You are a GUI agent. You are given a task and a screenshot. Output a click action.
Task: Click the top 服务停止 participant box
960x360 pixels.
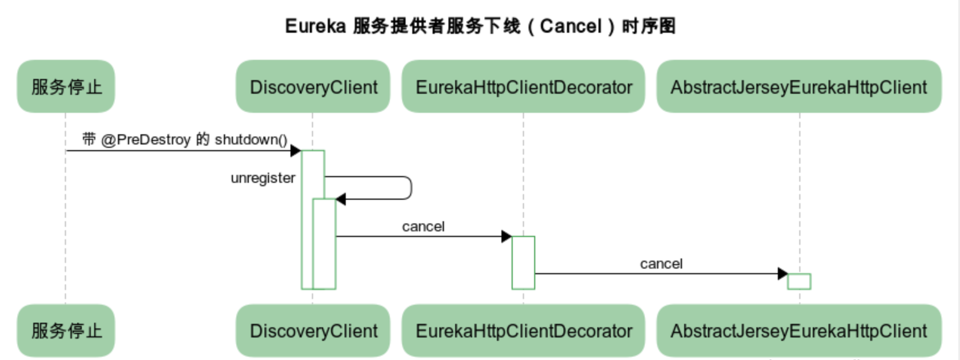pos(66,86)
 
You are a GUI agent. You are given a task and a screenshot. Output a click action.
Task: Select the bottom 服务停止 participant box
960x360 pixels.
pos(66,330)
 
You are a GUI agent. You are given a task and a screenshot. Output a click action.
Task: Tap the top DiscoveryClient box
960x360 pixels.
pos(313,86)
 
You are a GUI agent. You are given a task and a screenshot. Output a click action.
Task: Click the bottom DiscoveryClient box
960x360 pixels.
pos(313,330)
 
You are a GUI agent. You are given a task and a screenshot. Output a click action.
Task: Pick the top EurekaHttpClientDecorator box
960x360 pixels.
pos(523,86)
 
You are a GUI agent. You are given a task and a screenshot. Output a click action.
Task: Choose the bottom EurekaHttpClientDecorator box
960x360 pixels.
pos(523,330)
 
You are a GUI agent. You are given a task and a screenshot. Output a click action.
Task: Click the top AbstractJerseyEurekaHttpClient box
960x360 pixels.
pos(799,86)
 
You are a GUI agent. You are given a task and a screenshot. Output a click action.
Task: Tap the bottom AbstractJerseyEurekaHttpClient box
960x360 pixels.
pos(799,330)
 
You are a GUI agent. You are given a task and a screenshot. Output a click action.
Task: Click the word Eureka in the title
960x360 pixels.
pos(315,26)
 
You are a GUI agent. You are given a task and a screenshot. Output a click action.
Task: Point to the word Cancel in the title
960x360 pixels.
pos(571,26)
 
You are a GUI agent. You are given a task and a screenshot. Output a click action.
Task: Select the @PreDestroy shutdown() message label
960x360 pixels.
pos(184,139)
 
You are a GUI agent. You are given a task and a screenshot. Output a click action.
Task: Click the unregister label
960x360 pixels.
pos(263,178)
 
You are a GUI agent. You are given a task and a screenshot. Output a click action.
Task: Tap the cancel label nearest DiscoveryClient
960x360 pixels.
pos(423,227)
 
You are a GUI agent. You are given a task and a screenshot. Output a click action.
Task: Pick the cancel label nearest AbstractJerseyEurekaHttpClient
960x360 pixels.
pos(661,264)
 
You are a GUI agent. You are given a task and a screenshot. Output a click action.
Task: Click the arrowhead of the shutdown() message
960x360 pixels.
pos(296,151)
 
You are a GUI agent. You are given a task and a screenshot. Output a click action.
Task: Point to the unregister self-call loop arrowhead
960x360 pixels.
pos(341,199)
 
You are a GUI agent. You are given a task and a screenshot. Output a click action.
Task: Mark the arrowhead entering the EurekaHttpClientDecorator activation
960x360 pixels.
pos(507,236)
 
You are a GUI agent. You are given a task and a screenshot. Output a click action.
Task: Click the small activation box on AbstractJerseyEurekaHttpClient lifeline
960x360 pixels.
pos(799,282)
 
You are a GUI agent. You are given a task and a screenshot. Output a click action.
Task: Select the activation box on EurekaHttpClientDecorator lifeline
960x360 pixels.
pos(523,263)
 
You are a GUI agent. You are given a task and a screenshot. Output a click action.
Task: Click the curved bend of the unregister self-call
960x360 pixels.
pos(411,188)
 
